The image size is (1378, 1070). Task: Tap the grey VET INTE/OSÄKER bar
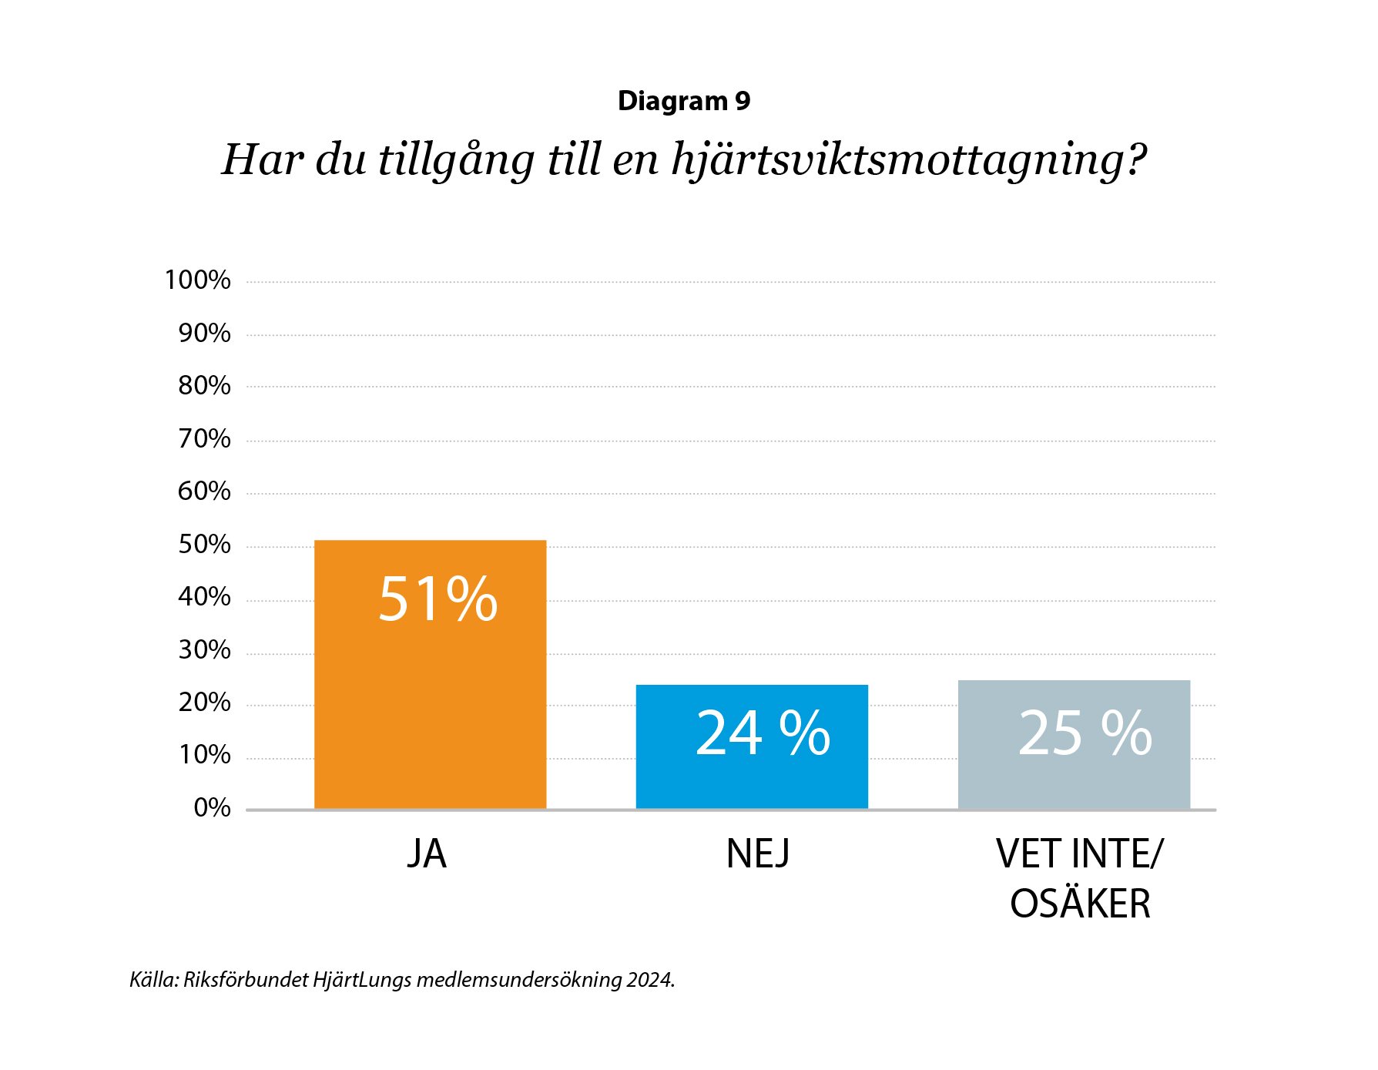point(1074,778)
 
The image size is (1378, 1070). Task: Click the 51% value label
point(438,599)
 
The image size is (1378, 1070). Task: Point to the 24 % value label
point(763,733)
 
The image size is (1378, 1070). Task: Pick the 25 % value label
point(1085,733)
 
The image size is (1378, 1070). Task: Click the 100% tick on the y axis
point(197,280)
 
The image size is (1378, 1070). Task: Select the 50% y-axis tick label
point(204,545)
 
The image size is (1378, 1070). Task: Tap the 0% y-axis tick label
point(212,807)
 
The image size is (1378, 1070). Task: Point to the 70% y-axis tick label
point(204,439)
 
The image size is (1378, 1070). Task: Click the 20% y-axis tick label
point(204,703)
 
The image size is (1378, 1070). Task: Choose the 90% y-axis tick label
point(204,334)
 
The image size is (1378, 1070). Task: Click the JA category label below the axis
point(427,854)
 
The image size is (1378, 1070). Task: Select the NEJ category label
point(758,854)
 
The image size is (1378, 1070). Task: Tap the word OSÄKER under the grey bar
point(1080,904)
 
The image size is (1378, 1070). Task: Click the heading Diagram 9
point(684,101)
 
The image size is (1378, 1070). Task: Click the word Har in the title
point(262,159)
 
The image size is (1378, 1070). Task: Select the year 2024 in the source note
point(649,980)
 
